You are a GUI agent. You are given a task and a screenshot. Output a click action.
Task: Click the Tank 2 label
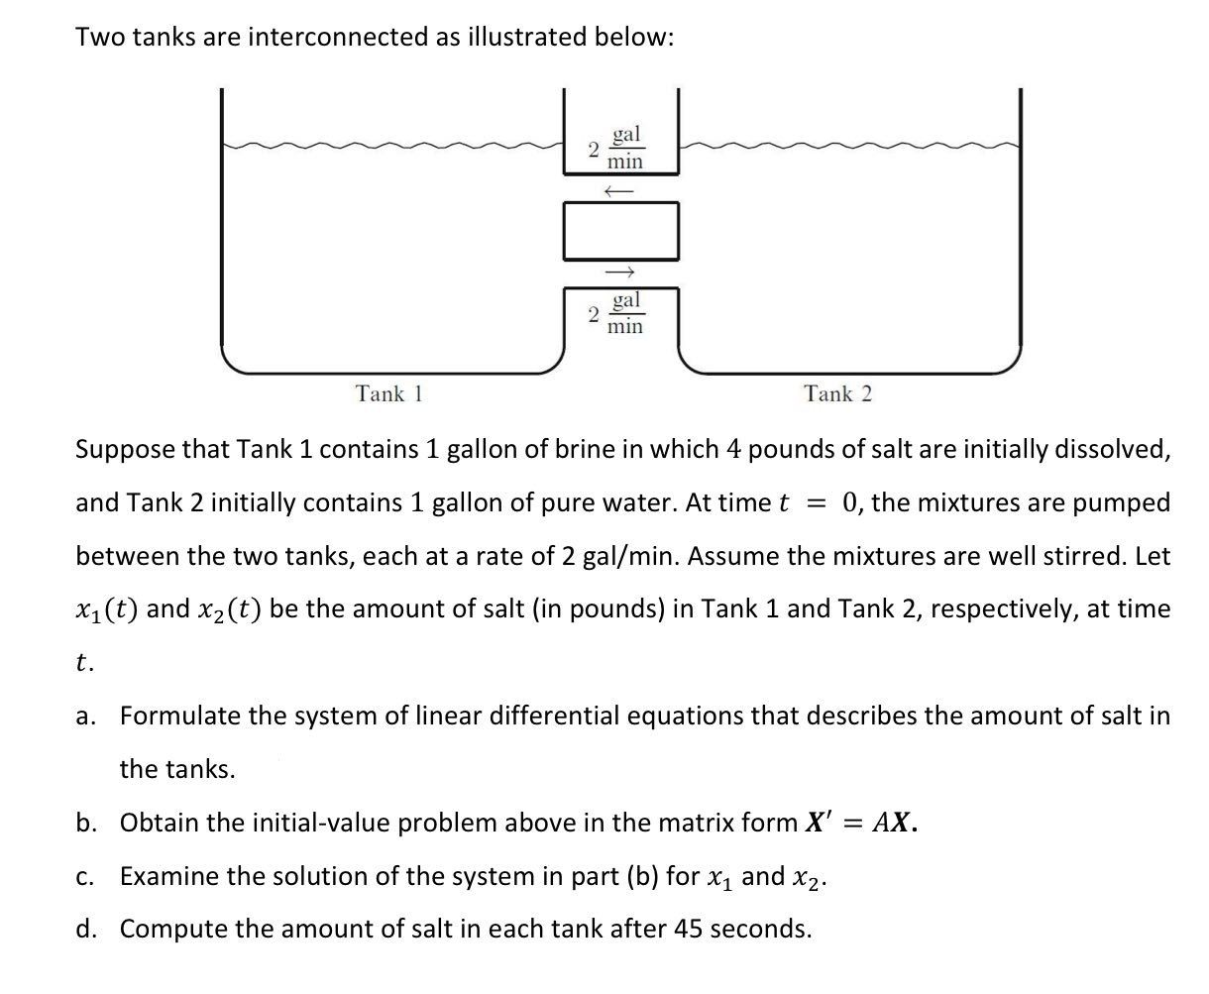pyautogui.click(x=838, y=393)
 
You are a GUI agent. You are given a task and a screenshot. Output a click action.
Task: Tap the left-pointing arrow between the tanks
pyautogui.click(x=618, y=188)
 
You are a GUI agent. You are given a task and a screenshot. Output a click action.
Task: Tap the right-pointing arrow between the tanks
pyautogui.click(x=618, y=272)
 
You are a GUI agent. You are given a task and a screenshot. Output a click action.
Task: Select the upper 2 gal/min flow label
pyautogui.click(x=616, y=148)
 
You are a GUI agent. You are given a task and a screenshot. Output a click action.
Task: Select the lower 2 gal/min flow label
pyautogui.click(x=616, y=313)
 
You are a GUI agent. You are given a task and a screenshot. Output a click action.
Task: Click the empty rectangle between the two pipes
pyautogui.click(x=621, y=230)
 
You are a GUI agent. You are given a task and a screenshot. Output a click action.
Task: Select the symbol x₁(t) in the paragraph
pyautogui.click(x=107, y=608)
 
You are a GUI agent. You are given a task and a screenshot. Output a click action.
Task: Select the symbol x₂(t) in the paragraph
pyautogui.click(x=229, y=608)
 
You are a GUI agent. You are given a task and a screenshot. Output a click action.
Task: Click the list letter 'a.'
pyautogui.click(x=86, y=716)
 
